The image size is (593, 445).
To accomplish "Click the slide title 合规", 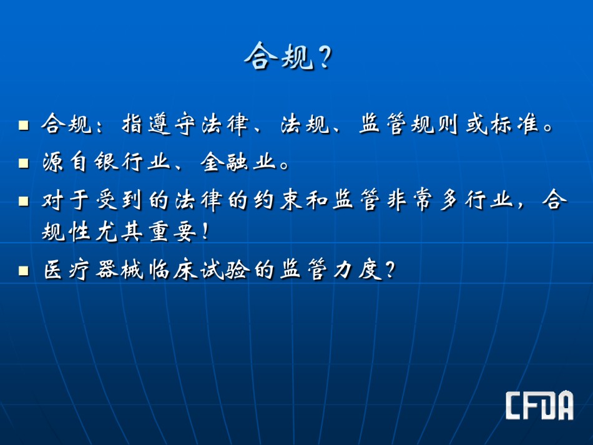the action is click(279, 56).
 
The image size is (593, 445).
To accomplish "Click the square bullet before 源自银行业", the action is click(24, 163).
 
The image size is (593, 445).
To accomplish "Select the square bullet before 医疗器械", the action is click(24, 270).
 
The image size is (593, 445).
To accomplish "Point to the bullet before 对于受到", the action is click(24, 201).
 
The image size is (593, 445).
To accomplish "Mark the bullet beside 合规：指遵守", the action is click(24, 125).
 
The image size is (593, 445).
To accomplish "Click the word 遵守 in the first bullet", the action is click(172, 124).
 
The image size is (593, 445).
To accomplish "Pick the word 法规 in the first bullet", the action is click(305, 124).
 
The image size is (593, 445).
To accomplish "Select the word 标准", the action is click(514, 124).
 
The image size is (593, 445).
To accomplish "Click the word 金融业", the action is click(238, 162).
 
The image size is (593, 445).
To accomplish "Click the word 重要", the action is click(172, 232).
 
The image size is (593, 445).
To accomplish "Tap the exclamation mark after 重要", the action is click(205, 232).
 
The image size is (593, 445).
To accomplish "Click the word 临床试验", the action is click(199, 270).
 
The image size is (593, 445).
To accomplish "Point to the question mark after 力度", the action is click(390, 270).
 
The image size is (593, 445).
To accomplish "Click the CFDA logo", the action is click(540, 405).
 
